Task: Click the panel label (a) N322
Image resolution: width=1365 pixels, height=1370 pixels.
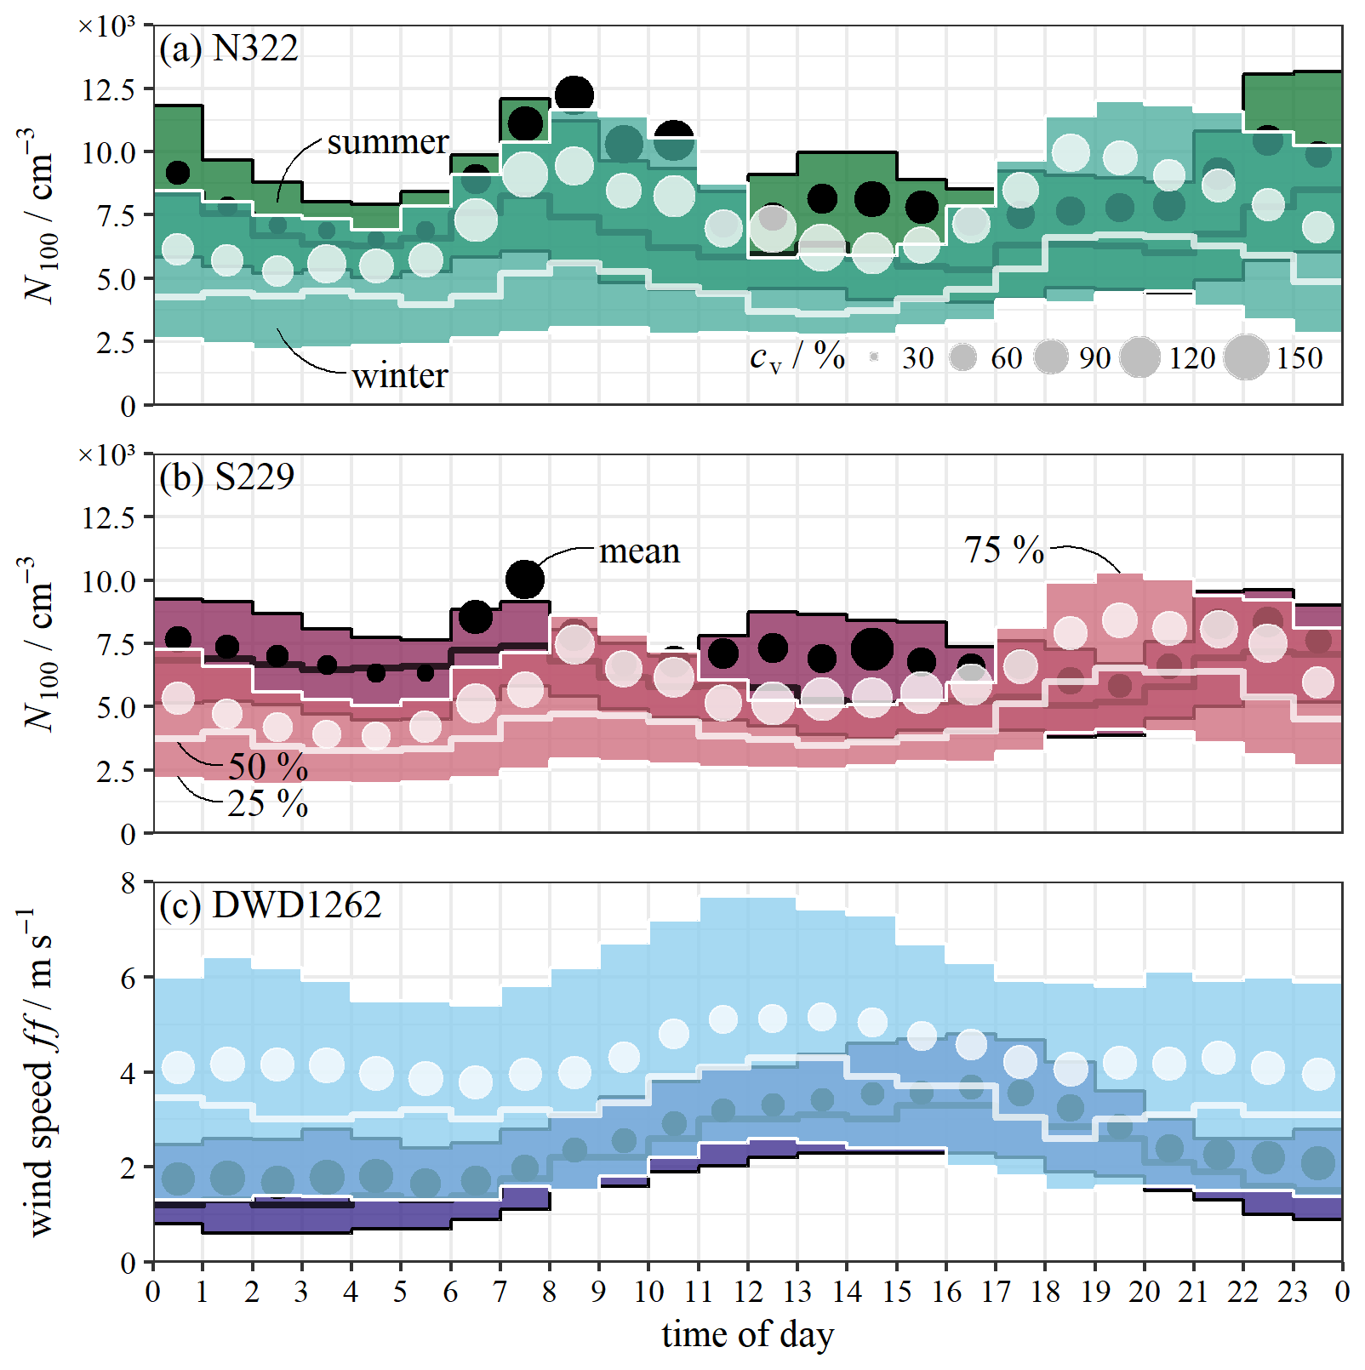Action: coord(228,49)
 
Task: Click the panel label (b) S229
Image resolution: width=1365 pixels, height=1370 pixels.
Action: coord(226,477)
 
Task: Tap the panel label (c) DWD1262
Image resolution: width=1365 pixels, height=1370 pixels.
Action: coord(270,905)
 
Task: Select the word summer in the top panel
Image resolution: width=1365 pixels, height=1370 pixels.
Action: coord(387,142)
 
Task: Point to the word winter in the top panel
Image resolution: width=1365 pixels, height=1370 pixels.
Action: coord(399,375)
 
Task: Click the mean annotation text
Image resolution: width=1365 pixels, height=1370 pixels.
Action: coord(639,551)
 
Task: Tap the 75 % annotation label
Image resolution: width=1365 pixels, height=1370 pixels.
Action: coord(1003,550)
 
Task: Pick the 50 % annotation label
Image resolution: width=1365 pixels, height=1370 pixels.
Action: coord(267,767)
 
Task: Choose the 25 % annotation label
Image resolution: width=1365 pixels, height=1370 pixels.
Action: coord(267,803)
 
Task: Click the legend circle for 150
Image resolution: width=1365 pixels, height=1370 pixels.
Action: coord(1246,357)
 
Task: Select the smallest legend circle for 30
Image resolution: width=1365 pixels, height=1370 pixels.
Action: coord(874,357)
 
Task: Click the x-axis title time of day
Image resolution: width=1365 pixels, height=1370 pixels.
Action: coord(747,1334)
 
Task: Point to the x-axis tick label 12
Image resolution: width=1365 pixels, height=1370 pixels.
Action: coord(747,1292)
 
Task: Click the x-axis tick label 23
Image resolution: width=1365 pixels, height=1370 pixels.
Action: coord(1293,1292)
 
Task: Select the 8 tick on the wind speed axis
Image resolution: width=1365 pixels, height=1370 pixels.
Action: coord(128,883)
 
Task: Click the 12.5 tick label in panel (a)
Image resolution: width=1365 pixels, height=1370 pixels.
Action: coord(108,89)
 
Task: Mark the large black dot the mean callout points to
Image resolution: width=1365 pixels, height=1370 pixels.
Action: coord(524,579)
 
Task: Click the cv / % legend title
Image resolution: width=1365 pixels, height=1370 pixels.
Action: coord(797,357)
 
